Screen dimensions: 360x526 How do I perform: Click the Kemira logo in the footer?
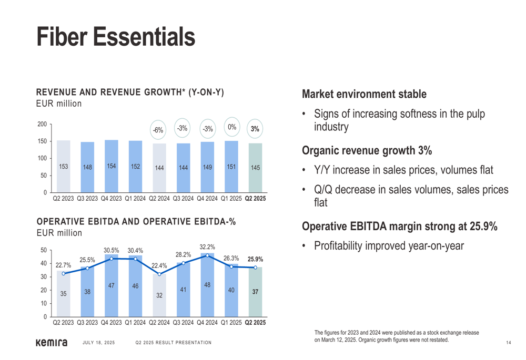pos(52,343)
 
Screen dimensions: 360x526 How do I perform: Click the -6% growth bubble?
pos(158,130)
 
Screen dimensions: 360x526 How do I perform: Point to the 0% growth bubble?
pos(231,127)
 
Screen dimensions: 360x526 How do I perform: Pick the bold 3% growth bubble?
pos(255,129)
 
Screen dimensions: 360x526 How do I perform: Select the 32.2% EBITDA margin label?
pos(207,246)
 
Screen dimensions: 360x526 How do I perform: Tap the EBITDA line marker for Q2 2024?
pos(159,274)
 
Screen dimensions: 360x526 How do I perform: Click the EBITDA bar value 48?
pos(207,285)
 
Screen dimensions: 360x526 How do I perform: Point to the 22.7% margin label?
pos(63,265)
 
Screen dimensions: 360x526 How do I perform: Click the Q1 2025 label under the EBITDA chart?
pos(231,323)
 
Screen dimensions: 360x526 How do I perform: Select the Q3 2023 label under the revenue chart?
pos(87,199)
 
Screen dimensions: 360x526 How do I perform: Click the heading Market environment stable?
pos(364,95)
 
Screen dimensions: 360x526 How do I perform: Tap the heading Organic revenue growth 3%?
pos(367,151)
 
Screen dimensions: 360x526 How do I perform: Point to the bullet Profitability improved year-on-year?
pos(389,245)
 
